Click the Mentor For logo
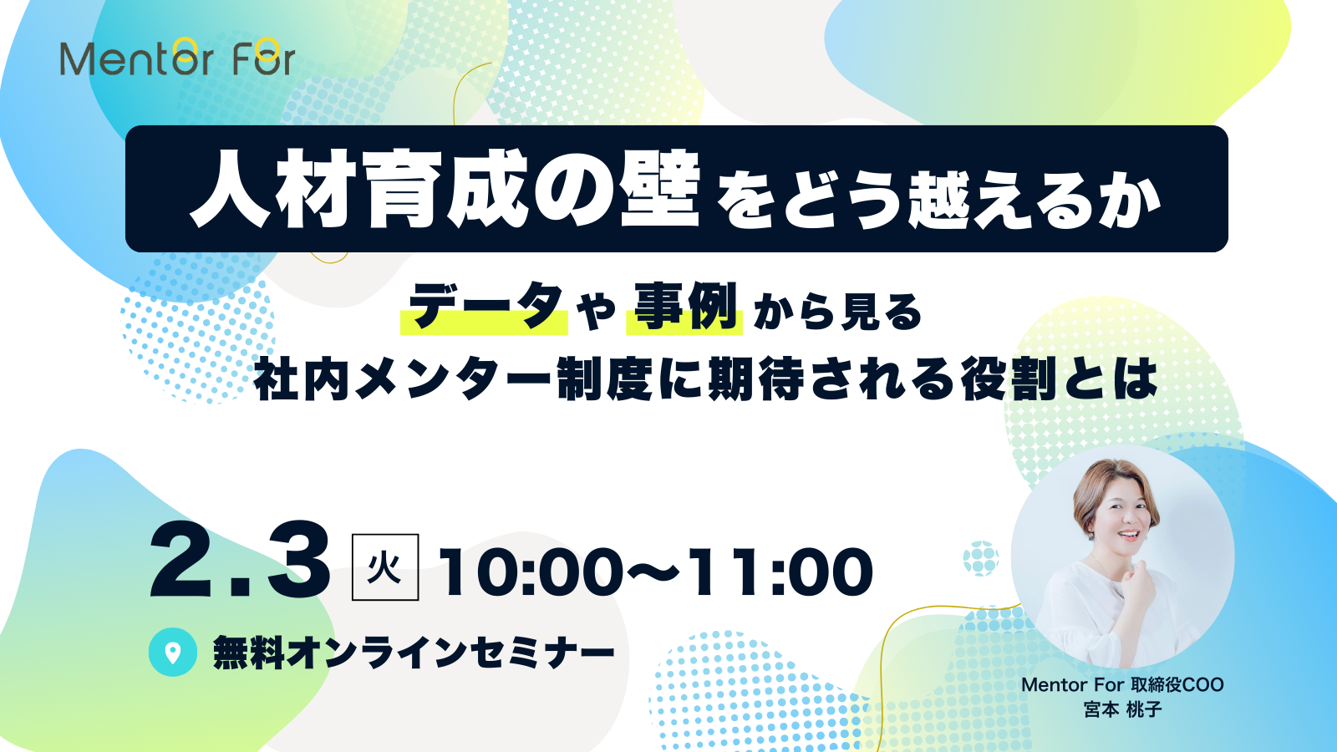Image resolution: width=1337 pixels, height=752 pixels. [177, 58]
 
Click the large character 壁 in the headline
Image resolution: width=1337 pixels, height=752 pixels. [660, 191]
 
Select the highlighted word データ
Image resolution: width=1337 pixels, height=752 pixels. [485, 307]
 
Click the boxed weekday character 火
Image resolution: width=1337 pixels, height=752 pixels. [384, 568]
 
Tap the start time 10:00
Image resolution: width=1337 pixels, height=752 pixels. [530, 573]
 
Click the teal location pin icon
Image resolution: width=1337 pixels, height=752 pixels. [173, 653]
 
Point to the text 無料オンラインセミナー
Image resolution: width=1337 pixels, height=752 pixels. [414, 653]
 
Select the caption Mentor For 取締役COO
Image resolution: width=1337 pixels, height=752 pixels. [1122, 685]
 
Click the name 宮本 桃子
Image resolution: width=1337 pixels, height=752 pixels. [1122, 710]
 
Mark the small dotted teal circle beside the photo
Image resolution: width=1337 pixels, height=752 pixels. [981, 558]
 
